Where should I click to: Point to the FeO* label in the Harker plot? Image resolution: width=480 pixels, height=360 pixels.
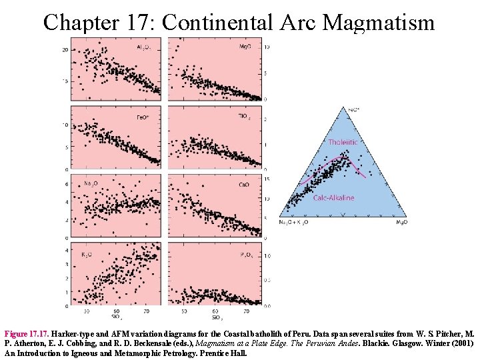point(143,117)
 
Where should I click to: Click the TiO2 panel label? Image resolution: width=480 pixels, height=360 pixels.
point(244,116)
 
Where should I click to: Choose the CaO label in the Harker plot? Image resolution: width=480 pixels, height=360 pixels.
point(244,184)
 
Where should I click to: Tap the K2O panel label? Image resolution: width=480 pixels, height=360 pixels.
point(87,253)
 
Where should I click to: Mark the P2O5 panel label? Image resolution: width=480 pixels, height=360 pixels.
point(244,254)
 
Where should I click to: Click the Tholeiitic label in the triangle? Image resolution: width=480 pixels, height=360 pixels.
point(342,142)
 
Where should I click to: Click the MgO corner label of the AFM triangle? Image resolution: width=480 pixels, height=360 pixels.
point(401,222)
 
